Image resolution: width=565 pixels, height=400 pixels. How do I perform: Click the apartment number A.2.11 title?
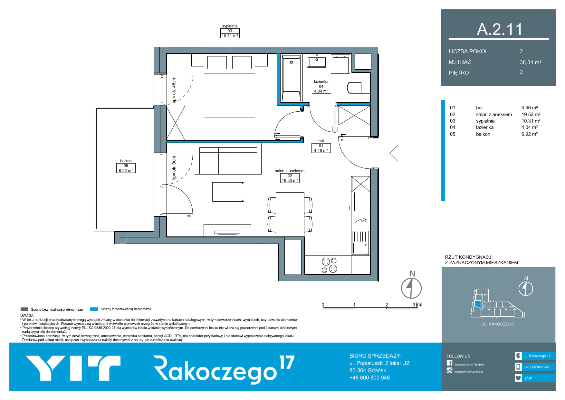[500, 29]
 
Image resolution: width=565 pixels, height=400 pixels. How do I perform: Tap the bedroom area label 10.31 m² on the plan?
[230, 35]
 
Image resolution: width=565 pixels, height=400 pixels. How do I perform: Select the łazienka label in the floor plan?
[321, 82]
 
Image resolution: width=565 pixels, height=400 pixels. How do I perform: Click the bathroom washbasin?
[316, 61]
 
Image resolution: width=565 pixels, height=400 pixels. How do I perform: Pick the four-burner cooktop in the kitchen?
[329, 265]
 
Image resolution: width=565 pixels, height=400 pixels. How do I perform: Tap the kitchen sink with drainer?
[360, 243]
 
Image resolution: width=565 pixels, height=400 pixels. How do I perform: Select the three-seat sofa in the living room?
[228, 161]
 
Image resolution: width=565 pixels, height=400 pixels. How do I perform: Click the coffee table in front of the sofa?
[228, 192]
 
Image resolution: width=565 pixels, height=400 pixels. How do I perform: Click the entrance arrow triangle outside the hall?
[394, 153]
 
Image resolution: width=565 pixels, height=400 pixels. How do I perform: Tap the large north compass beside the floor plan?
[411, 288]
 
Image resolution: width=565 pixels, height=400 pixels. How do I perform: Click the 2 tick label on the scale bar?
[387, 305]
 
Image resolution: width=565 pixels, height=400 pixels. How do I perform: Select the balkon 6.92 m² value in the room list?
[530, 134]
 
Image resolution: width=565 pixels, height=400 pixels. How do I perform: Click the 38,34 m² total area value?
[531, 62]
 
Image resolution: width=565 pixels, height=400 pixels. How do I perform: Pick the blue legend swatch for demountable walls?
[94, 309]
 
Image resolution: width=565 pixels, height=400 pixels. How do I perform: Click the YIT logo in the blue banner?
[73, 368]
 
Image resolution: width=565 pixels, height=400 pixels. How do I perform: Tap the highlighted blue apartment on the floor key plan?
[476, 304]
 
